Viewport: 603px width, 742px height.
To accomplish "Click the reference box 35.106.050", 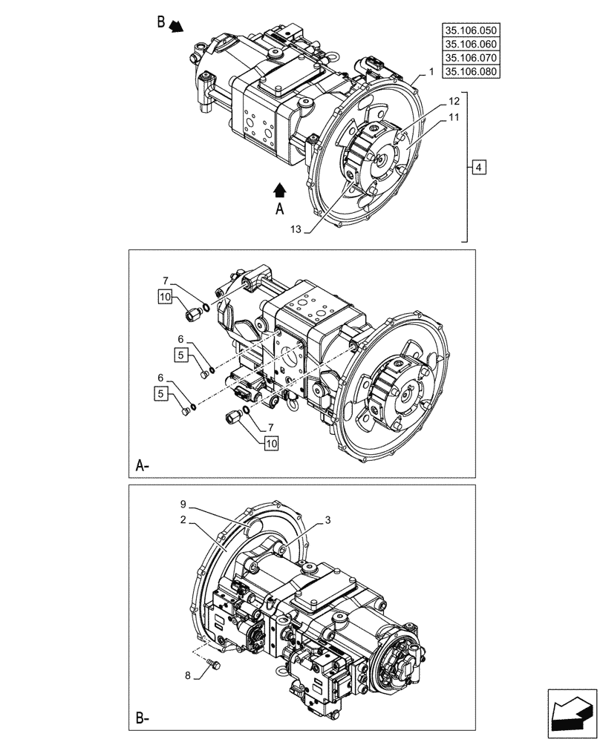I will point(471,30).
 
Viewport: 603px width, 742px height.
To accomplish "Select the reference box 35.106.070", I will point(471,58).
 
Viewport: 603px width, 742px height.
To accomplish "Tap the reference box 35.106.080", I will point(471,72).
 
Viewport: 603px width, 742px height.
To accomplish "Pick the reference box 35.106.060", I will point(471,45).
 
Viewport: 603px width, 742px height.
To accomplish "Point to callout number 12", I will point(454,100).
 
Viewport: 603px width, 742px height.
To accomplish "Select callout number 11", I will point(454,117).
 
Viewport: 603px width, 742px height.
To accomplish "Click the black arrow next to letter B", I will point(175,27).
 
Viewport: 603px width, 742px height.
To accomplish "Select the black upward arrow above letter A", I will point(280,190).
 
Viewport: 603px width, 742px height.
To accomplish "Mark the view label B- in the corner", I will point(143,718).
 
